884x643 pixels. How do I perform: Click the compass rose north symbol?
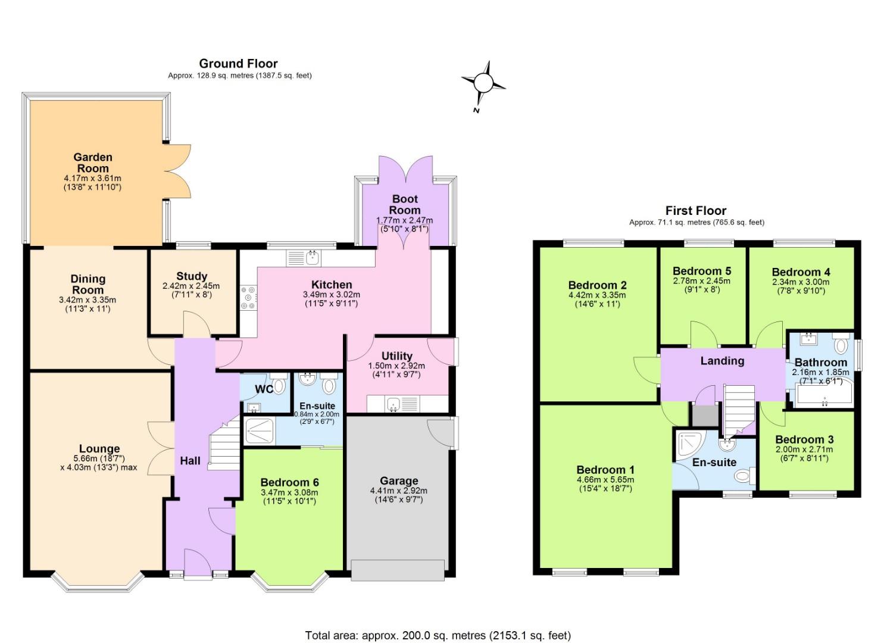tap(483, 85)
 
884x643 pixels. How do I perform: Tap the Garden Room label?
tap(93, 163)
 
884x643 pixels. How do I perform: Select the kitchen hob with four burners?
tap(248, 298)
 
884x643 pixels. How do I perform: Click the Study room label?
tap(192, 276)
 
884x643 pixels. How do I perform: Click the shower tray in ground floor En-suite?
tap(260, 430)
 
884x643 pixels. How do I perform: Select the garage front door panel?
tap(398, 570)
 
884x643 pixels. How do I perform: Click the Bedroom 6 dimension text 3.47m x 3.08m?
tap(289, 492)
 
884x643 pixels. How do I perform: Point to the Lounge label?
tap(99, 449)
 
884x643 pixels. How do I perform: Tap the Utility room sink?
tap(393, 405)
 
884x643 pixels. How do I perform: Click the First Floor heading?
tap(696, 211)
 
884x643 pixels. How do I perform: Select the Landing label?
tap(722, 361)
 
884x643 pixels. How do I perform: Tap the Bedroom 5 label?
tap(702, 271)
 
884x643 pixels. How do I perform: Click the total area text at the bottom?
tap(438, 635)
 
